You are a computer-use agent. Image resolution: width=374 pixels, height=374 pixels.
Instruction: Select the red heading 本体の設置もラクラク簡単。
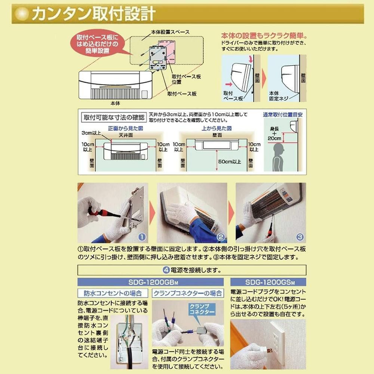coord(264,36)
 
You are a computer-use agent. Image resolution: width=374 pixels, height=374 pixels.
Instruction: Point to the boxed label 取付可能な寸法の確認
coord(113,117)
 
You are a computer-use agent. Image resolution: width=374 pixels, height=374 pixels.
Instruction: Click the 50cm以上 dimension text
coord(229,162)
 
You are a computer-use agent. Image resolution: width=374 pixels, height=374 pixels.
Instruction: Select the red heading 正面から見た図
coord(125,128)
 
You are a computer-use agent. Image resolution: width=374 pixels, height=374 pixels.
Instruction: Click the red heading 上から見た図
coord(218,128)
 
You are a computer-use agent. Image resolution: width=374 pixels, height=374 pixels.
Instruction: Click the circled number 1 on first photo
coord(141,237)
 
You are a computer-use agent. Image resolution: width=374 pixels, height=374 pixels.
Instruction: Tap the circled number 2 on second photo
coord(221,237)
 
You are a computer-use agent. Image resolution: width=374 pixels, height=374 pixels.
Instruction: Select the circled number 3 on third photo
coord(300,237)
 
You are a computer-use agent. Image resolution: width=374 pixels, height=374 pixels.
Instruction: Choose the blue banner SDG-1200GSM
coord(268,282)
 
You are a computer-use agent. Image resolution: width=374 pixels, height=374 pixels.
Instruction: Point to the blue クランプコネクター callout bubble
coord(202,309)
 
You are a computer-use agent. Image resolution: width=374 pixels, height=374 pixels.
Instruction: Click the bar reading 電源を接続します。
coord(191,270)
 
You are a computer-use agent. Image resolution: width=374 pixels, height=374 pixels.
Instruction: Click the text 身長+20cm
coord(275,134)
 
